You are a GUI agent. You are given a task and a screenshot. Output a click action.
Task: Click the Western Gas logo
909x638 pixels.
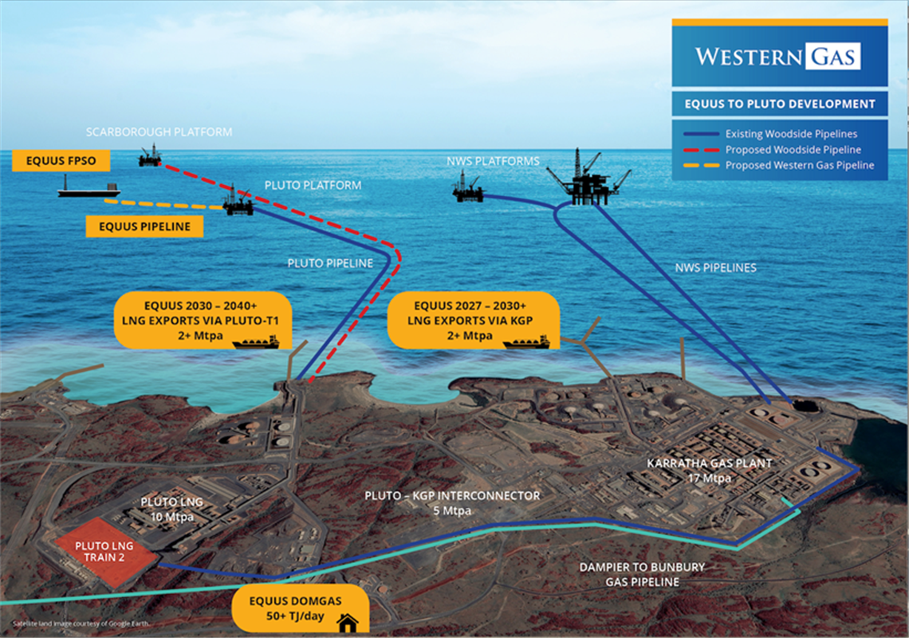[778, 57]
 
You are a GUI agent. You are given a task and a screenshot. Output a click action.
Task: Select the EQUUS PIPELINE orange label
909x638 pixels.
[144, 226]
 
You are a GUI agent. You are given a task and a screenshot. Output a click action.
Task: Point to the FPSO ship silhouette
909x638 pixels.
[89, 187]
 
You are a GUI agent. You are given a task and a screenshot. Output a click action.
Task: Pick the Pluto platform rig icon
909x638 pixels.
[238, 203]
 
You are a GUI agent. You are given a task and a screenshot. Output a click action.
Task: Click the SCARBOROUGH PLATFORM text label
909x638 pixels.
[159, 132]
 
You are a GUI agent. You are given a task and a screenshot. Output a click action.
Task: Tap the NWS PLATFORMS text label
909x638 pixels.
[494, 161]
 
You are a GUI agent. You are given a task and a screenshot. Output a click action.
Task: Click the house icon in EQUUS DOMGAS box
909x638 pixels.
[347, 622]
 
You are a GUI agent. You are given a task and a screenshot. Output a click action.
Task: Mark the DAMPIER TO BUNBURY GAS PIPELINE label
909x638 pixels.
[642, 574]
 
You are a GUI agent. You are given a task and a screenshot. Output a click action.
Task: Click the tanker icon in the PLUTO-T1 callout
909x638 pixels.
[255, 342]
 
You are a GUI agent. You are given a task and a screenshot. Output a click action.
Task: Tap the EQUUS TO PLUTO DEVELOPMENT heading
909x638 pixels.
[780, 104]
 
